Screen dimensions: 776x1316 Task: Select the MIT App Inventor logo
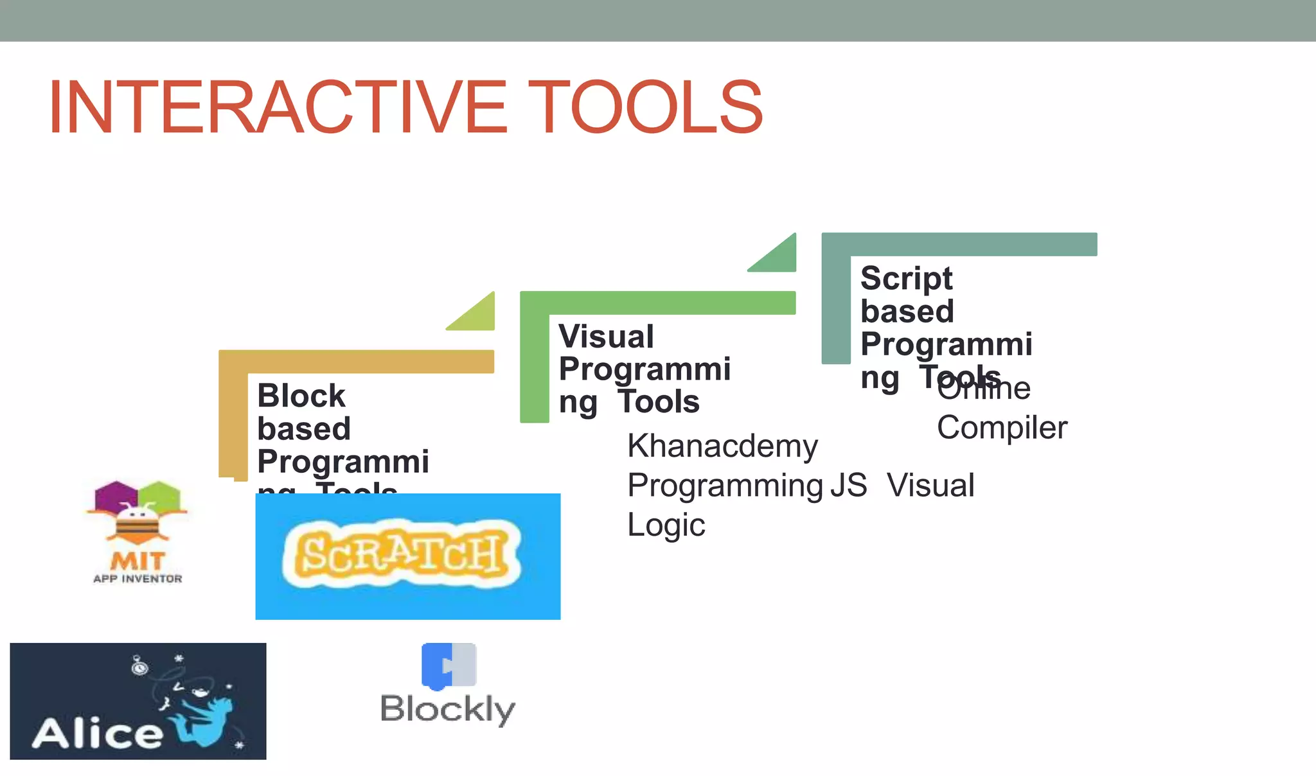[138, 532]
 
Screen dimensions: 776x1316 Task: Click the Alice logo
[138, 701]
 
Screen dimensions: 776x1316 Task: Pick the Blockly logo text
[448, 710]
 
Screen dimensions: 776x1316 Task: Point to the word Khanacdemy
[722, 446]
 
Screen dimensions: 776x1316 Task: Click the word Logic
[666, 525]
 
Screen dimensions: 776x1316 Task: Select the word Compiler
[1002, 428]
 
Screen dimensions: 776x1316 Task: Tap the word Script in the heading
[906, 278]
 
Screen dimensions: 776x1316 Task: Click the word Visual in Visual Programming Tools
[606, 337]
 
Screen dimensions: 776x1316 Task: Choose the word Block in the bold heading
[301, 396]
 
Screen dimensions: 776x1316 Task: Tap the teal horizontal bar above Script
[964, 244]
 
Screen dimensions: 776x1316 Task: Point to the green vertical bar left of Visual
[534, 366]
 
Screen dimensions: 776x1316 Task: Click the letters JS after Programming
[848, 486]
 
